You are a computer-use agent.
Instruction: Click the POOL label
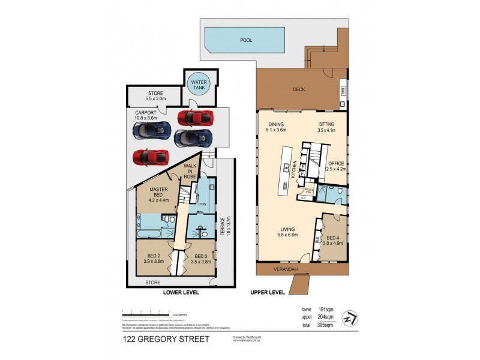(246, 41)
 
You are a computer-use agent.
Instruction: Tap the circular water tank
(197, 85)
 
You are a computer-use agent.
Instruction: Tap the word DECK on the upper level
(299, 90)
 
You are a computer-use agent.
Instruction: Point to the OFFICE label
(336, 164)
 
